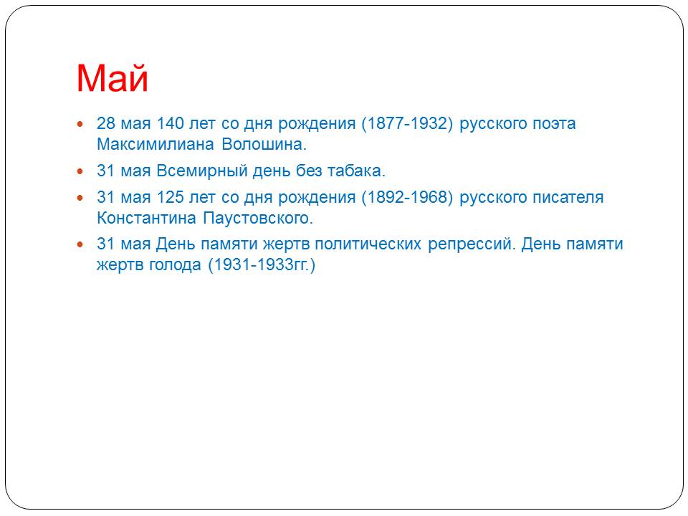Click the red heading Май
pyautogui.click(x=113, y=78)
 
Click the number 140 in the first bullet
pyautogui.click(x=171, y=123)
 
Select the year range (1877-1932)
pyautogui.click(x=407, y=124)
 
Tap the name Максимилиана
pyautogui.click(x=156, y=144)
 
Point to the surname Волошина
pyautogui.click(x=264, y=144)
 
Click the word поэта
pyautogui.click(x=554, y=124)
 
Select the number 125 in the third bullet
pyautogui.click(x=171, y=197)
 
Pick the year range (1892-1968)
pyautogui.click(x=407, y=198)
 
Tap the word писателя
pyautogui.click(x=568, y=198)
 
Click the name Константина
pyautogui.click(x=146, y=218)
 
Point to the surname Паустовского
pyautogui.click(x=258, y=218)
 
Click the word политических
pyautogui.click(x=368, y=244)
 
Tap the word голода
pyautogui.click(x=175, y=265)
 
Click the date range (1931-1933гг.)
pyautogui.click(x=262, y=265)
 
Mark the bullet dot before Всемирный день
pyautogui.click(x=80, y=171)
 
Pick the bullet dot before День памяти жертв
pyautogui.click(x=80, y=244)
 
